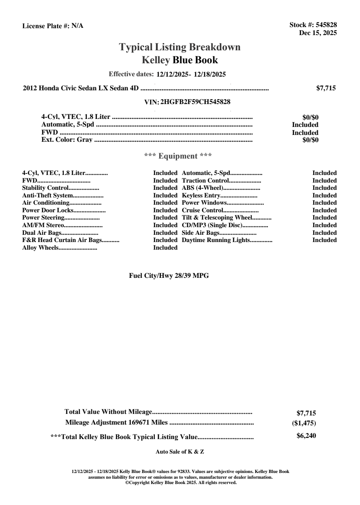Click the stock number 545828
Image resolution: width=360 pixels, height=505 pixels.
pos(326,25)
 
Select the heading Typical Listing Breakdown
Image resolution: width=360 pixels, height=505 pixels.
pos(180,47)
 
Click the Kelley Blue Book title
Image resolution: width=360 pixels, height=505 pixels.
pos(180,60)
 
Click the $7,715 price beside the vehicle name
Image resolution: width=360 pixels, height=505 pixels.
pos(326,88)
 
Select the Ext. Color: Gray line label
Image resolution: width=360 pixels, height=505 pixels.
pos(67,140)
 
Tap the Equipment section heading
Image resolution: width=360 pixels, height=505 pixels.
pos(178,156)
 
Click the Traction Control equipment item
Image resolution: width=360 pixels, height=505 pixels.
pos(205,181)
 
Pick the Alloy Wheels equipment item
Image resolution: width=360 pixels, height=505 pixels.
pos(40,248)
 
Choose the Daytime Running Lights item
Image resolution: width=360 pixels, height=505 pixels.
pos(216,240)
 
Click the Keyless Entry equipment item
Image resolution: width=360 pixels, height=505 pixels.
pos(201,196)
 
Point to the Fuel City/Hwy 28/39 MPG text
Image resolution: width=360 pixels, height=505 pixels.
pos(169,276)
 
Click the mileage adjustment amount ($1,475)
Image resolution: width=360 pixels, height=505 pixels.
pos(306,423)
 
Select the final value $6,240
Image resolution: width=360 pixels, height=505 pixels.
pos(306,436)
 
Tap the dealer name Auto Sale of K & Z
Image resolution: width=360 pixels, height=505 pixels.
pos(180,452)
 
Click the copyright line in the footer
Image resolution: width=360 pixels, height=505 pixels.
pos(181,483)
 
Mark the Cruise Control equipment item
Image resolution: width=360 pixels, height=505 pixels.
pos(202,210)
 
